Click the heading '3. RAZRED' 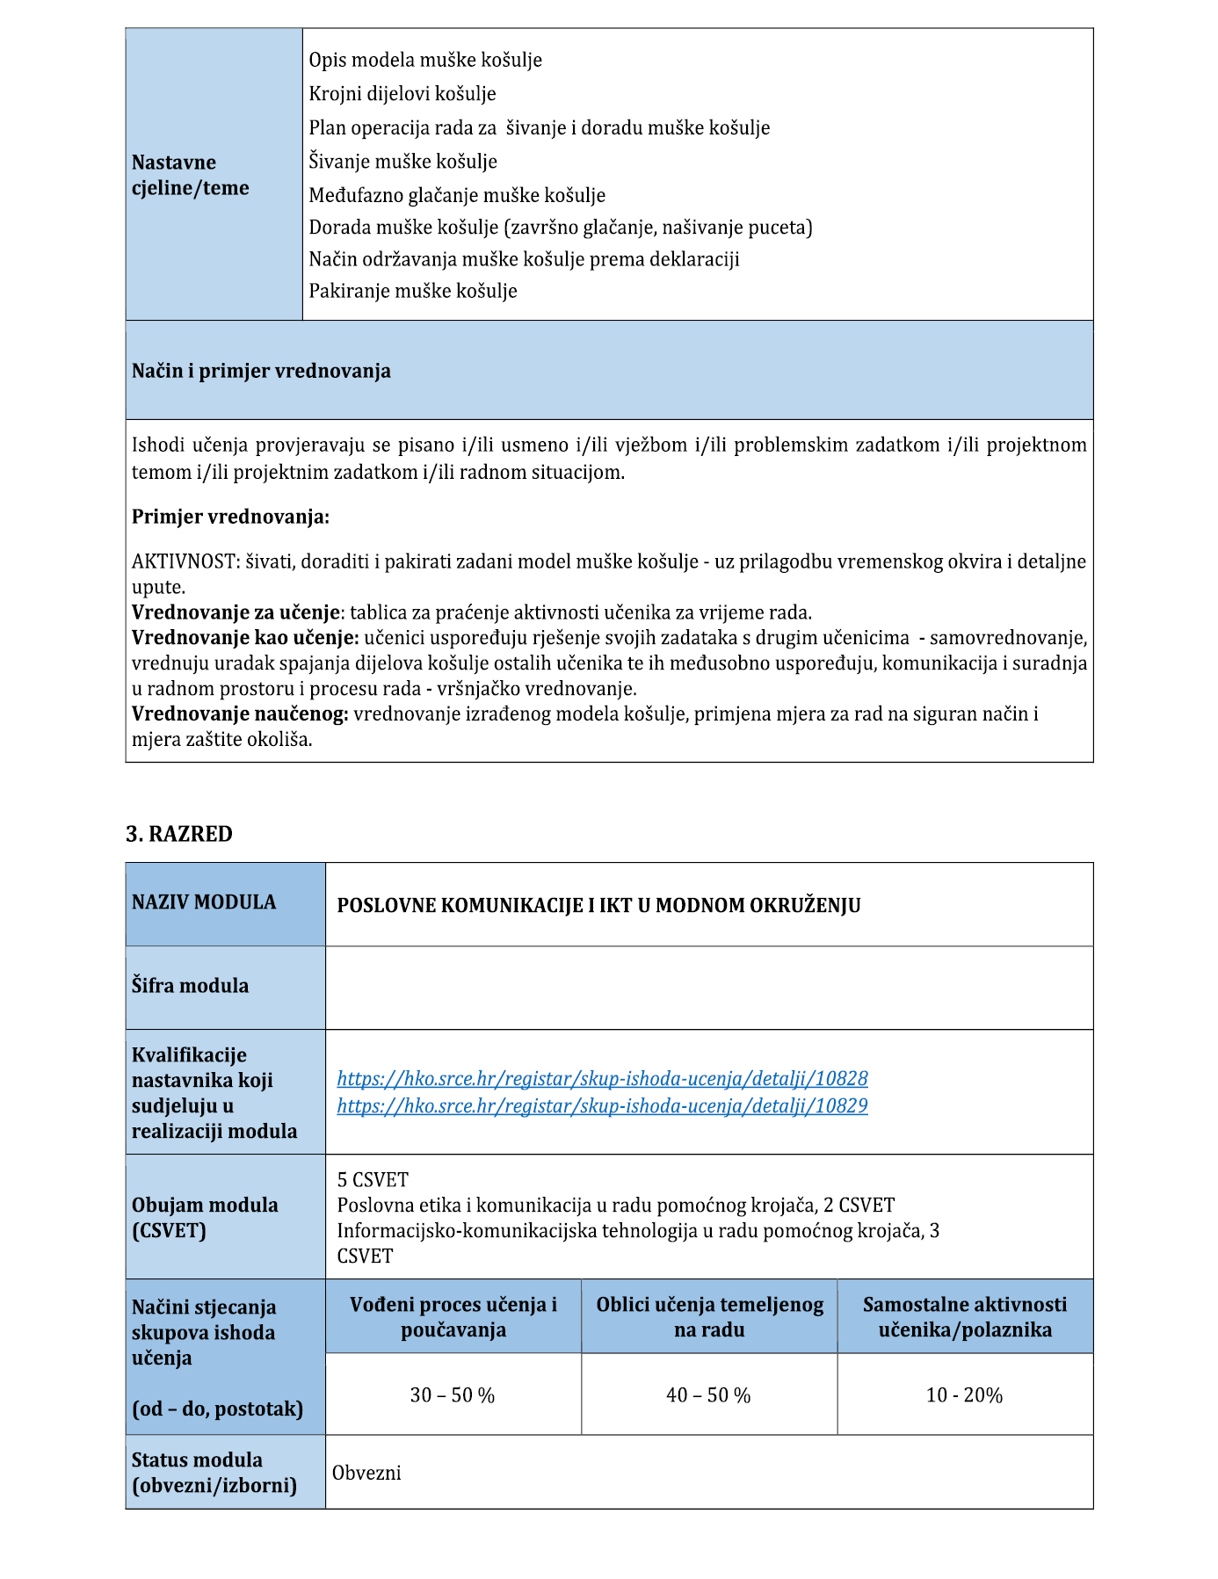pos(179,834)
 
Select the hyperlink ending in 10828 pos(602,1078)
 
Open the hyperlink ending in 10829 pos(602,1105)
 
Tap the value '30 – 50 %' pos(453,1395)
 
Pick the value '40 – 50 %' pos(708,1395)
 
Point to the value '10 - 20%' pos(964,1395)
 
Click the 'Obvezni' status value pos(366,1473)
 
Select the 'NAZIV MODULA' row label pos(204,902)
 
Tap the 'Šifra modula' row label pos(190,986)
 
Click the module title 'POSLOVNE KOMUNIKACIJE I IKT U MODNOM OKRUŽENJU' pos(598,906)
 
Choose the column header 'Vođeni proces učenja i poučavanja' pos(453,1317)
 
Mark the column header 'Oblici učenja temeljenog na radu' pos(709,1317)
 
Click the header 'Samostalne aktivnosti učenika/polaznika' pos(965,1317)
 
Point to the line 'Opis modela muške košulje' pos(425,60)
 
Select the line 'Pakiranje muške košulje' pos(413,291)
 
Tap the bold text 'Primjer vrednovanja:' pos(230,517)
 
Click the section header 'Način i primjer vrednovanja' pos(261,371)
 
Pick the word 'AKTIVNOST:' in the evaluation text pos(185,561)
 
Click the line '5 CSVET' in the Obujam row pos(373,1179)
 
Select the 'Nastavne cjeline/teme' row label pos(191,175)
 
